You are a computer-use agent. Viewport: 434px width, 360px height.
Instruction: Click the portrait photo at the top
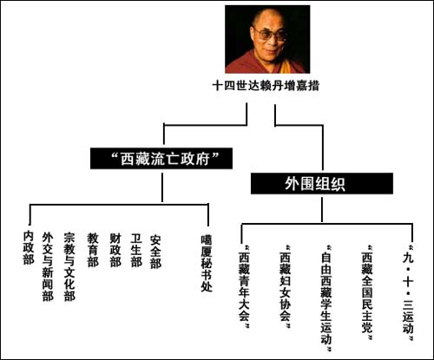pos(267,39)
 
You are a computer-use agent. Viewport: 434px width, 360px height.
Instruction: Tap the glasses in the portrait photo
pos(271,35)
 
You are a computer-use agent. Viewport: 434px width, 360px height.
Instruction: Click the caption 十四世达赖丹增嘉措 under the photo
pos(266,86)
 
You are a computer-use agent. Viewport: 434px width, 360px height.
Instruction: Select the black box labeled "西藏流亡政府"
pos(161,159)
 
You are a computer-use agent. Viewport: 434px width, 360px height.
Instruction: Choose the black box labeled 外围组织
pos(322,183)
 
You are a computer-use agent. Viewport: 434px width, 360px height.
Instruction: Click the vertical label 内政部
pos(29,247)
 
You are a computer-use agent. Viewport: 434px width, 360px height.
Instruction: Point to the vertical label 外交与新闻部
pos(48,266)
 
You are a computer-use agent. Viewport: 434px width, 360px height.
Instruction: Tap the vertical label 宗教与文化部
pos(69,266)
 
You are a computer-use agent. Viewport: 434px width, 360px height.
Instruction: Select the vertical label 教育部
pos(93,250)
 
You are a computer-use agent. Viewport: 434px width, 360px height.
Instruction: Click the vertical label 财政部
pos(115,250)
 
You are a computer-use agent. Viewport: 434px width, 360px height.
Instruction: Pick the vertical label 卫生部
pos(136,250)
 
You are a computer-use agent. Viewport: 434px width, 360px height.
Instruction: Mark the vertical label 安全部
pos(155,252)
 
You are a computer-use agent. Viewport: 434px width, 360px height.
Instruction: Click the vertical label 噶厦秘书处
pos(207,263)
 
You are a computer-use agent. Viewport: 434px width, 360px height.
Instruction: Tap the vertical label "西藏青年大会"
pos(244,286)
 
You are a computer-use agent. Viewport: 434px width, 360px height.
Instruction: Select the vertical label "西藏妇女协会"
pos(285,286)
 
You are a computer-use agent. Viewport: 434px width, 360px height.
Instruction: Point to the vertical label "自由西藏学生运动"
pos(326,298)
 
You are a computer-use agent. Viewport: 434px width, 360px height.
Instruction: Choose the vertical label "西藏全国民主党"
pos(367,292)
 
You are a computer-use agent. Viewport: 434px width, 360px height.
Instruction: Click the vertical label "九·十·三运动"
pos(408,292)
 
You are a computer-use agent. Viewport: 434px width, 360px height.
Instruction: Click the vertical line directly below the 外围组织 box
pos(322,210)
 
